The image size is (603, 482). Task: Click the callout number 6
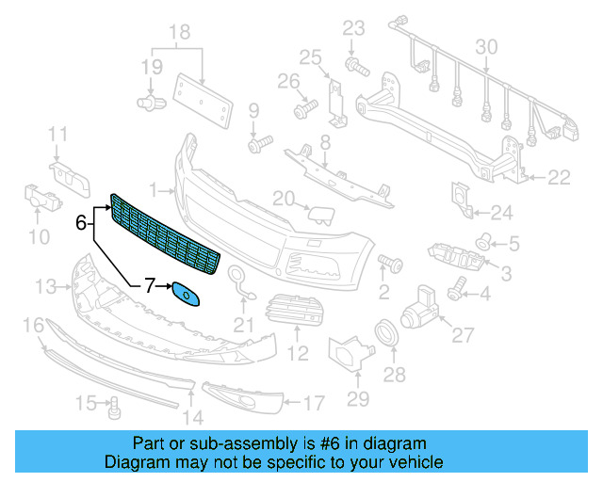click(x=81, y=223)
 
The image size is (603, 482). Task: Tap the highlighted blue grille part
click(x=166, y=235)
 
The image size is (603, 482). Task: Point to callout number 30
click(x=486, y=46)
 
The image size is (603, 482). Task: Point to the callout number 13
click(x=45, y=285)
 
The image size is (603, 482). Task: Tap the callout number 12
click(x=298, y=355)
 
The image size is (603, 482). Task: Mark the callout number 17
click(x=314, y=404)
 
